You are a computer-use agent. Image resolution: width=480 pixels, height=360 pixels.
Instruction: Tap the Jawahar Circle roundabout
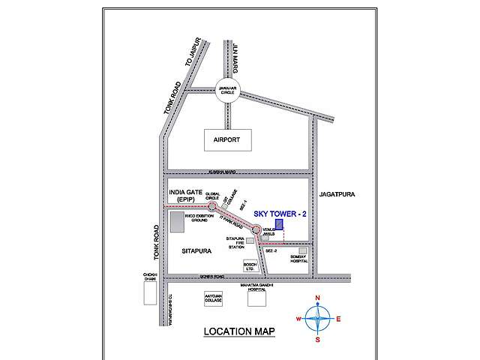[x=228, y=90]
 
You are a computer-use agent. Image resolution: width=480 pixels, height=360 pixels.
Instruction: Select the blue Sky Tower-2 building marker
[x=278, y=224]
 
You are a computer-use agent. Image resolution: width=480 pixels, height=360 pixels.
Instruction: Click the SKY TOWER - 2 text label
[x=279, y=214]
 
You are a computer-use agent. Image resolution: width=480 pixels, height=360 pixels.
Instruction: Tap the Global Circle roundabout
[x=211, y=204]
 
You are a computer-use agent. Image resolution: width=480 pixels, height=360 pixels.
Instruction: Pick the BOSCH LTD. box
[x=250, y=266]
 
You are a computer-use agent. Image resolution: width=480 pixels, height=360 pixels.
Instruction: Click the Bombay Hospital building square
[x=303, y=250]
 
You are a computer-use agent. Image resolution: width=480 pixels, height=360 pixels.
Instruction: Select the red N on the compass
[x=318, y=298]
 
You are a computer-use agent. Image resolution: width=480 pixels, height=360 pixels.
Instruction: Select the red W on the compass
[x=299, y=319]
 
